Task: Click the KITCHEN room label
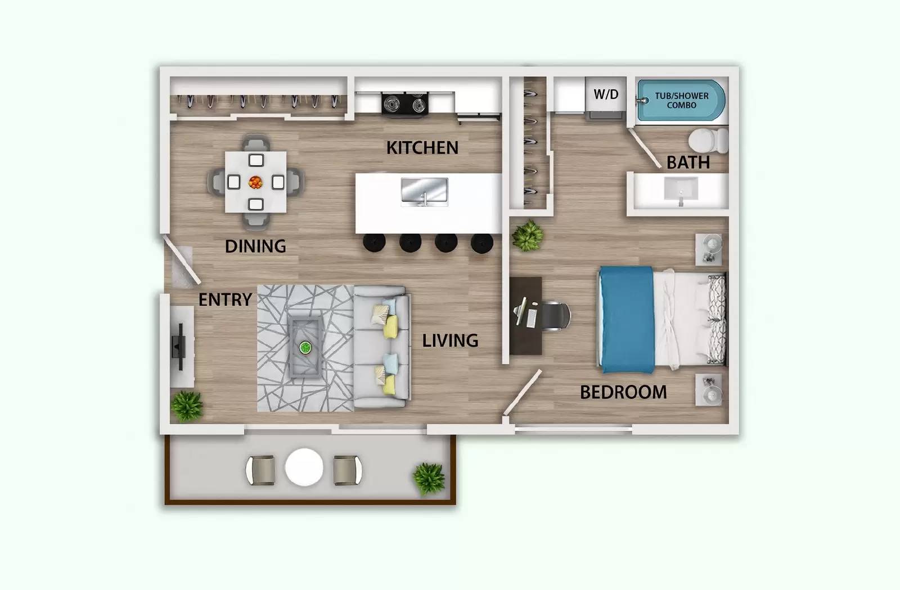[x=422, y=148]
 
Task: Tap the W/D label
[x=606, y=94]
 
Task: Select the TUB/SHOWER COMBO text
[x=681, y=101]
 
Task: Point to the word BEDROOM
[x=623, y=392]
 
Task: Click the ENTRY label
[x=225, y=299]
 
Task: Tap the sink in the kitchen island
[x=424, y=191]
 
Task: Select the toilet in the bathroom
[x=706, y=141]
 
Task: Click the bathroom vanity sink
[x=681, y=189]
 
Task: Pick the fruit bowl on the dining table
[x=255, y=182]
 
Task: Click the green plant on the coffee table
[x=305, y=347]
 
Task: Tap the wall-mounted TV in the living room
[x=179, y=347]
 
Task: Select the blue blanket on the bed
[x=625, y=319]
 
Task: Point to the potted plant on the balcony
[x=429, y=478]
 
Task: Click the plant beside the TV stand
[x=187, y=405]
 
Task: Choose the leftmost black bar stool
[x=373, y=242]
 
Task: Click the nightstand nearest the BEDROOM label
[x=708, y=389]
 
